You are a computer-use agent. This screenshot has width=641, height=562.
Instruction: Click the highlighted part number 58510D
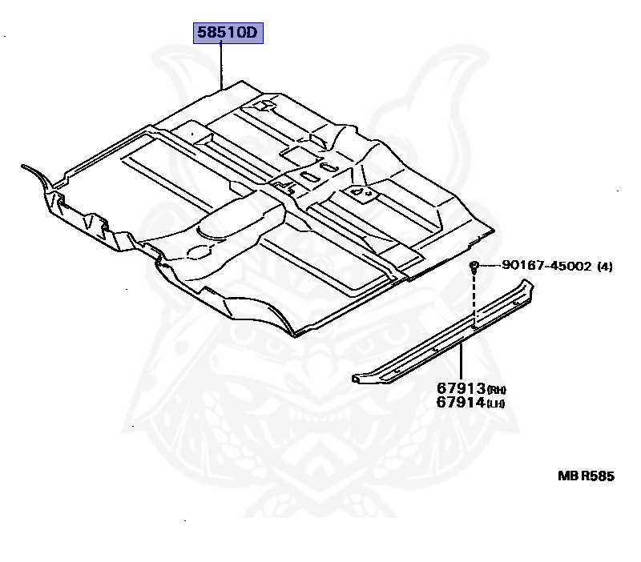pos(227,34)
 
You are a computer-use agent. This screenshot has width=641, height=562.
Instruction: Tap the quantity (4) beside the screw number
pos(605,267)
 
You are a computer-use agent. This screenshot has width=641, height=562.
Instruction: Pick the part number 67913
pos(461,387)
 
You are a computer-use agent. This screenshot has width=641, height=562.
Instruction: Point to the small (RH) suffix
pos(497,390)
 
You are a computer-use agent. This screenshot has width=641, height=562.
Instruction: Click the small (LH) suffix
pos(497,404)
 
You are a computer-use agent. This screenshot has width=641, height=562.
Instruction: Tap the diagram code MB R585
pos(586,476)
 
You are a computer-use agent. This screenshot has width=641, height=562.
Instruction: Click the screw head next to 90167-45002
pos(475,266)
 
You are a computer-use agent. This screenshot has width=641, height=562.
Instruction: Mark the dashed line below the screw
pos(474,300)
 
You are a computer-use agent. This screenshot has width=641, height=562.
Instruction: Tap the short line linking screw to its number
pos(490,267)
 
